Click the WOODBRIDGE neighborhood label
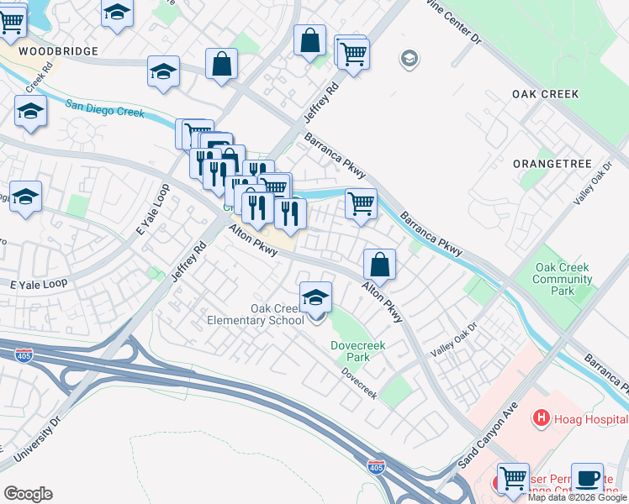pos(53,51)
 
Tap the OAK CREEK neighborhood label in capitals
pos(546,94)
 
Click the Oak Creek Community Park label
pos(563,279)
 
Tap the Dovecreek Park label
pos(351,350)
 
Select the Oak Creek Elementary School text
pos(256,314)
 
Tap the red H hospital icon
pos(541,417)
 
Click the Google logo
pos(28,494)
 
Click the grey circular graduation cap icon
pos(410,59)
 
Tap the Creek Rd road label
pos(34,81)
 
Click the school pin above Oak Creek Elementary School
pos(316,298)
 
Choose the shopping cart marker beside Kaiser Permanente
pos(513,480)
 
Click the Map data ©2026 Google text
pos(577,497)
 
